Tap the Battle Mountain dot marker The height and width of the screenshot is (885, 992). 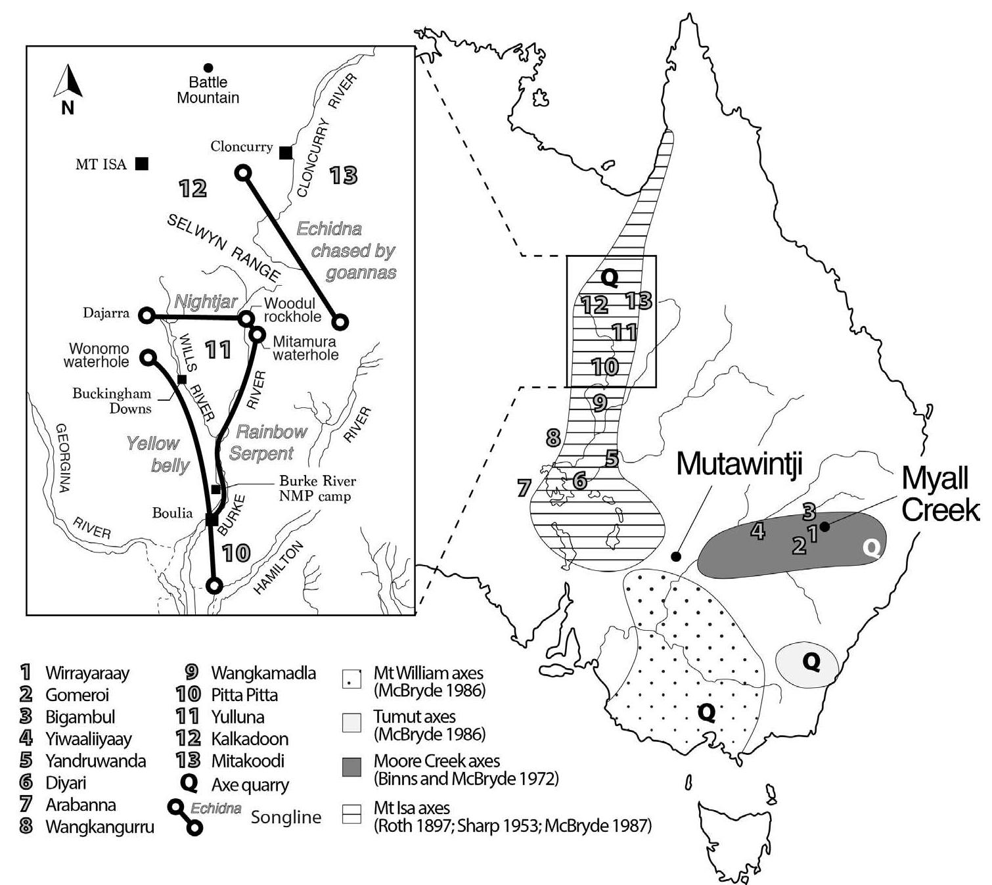point(208,67)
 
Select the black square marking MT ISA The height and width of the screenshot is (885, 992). point(141,164)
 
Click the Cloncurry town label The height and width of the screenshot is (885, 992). point(241,147)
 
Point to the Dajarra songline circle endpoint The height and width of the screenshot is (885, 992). point(147,315)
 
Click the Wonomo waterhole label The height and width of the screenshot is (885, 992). point(96,355)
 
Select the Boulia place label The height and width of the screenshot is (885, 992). point(172,513)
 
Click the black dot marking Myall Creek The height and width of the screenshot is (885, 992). point(826,526)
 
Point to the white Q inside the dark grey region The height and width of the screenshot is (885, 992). point(871,549)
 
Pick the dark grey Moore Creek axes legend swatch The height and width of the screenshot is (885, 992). point(352,767)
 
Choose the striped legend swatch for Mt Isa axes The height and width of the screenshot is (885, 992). point(352,815)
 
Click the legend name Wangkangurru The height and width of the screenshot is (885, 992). point(100,827)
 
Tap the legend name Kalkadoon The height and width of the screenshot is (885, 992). point(250,739)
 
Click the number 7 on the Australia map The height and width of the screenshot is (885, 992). point(524,488)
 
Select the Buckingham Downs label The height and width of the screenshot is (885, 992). point(112,401)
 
